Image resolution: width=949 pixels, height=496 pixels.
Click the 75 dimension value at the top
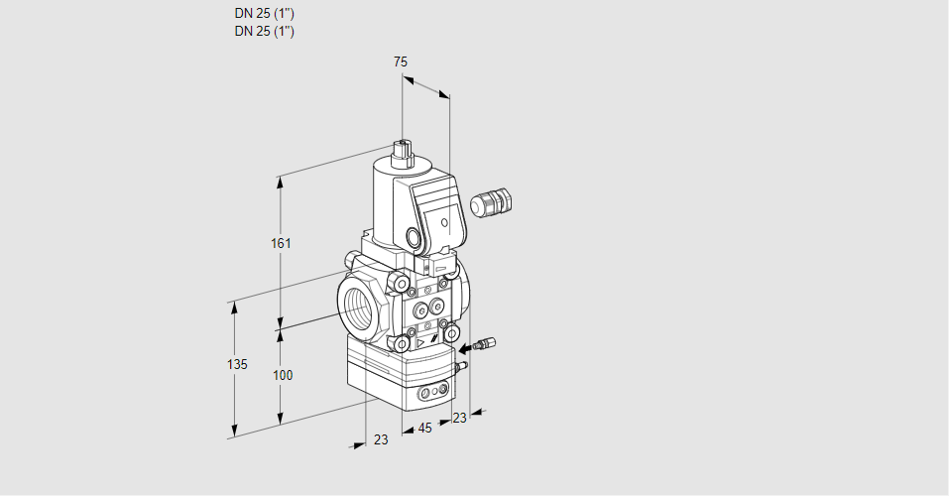tap(400, 62)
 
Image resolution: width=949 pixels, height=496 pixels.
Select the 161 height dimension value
tap(282, 244)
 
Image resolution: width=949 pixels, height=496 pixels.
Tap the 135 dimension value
tap(236, 365)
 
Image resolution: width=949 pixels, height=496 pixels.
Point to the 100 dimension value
tap(283, 375)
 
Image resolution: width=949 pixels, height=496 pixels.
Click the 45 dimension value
tap(424, 429)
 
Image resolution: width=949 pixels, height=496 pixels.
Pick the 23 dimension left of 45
tap(381, 439)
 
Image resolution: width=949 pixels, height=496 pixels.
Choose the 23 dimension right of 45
tap(458, 419)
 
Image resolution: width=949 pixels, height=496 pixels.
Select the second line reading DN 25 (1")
tap(264, 31)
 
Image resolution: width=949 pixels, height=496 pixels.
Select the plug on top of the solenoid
tap(404, 152)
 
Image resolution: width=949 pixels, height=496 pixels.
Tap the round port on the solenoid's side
tap(414, 237)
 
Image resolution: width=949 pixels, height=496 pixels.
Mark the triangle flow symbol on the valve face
tap(421, 341)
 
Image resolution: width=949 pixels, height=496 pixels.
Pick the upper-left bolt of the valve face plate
tap(402, 286)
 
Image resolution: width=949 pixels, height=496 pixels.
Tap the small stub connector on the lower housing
tap(459, 367)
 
